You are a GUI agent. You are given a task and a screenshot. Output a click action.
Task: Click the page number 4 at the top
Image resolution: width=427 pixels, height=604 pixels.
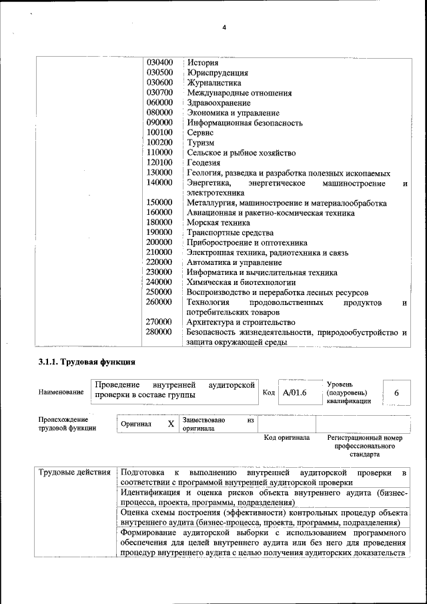click(x=224, y=27)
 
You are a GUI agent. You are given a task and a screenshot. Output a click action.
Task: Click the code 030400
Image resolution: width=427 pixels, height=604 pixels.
click(x=159, y=63)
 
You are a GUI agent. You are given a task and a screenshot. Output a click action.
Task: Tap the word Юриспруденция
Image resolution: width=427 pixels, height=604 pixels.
click(x=218, y=73)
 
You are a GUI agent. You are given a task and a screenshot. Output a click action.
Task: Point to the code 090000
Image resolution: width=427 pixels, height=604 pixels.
click(x=159, y=123)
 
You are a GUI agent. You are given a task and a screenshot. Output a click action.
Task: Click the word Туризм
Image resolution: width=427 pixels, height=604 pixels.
click(x=200, y=143)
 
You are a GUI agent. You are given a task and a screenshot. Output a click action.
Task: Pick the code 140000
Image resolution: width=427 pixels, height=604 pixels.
click(x=159, y=182)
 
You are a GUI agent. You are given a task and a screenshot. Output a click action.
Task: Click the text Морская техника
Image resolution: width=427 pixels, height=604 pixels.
click(x=218, y=222)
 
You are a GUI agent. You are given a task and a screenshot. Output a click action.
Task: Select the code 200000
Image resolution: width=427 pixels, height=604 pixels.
click(x=159, y=242)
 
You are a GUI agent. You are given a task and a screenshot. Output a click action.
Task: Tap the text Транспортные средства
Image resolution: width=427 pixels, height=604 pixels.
click(x=230, y=232)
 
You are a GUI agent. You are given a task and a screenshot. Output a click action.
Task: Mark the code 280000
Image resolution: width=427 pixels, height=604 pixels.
click(x=159, y=332)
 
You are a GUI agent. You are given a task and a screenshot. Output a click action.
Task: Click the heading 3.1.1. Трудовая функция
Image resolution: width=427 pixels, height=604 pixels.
click(x=87, y=362)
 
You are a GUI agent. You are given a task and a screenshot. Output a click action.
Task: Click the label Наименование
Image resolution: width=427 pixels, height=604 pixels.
click(x=61, y=392)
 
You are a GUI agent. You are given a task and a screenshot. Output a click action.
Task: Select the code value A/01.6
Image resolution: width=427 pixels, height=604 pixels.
click(x=294, y=393)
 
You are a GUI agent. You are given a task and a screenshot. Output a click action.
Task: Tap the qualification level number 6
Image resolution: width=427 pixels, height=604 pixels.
click(x=396, y=393)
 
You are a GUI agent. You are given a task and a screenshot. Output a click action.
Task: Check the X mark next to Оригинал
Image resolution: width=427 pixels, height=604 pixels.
click(x=171, y=424)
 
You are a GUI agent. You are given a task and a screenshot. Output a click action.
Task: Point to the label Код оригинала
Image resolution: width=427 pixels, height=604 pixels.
click(x=286, y=438)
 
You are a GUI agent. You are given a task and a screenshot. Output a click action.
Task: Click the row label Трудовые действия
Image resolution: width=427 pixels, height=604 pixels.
click(x=74, y=473)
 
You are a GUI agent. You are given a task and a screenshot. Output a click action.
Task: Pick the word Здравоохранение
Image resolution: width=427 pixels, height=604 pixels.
click(x=219, y=103)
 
